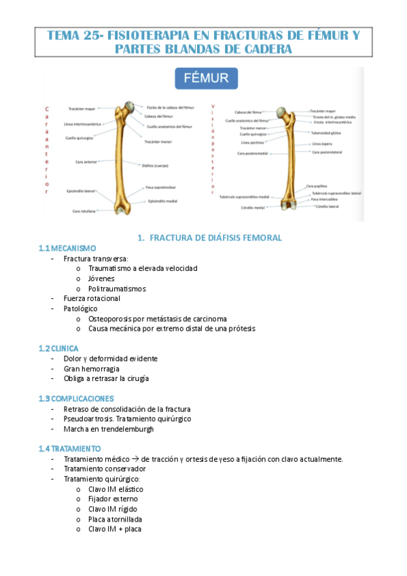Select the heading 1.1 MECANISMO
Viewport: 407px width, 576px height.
click(x=68, y=248)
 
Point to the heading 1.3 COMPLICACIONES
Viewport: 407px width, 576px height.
click(x=76, y=399)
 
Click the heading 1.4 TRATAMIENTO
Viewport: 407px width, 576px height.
click(x=70, y=449)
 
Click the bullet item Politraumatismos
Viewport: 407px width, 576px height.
click(x=117, y=289)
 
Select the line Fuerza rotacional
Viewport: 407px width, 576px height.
click(x=92, y=298)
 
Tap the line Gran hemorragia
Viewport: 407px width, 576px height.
click(x=91, y=369)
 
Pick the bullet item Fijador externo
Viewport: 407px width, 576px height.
click(x=112, y=499)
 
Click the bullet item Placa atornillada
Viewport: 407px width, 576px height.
click(x=115, y=519)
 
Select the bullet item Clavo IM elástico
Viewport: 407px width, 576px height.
click(x=116, y=489)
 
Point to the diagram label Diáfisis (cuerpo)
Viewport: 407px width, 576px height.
click(x=156, y=164)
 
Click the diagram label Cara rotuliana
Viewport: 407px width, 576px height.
click(x=84, y=211)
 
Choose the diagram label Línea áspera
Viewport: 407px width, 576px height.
click(x=321, y=144)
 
